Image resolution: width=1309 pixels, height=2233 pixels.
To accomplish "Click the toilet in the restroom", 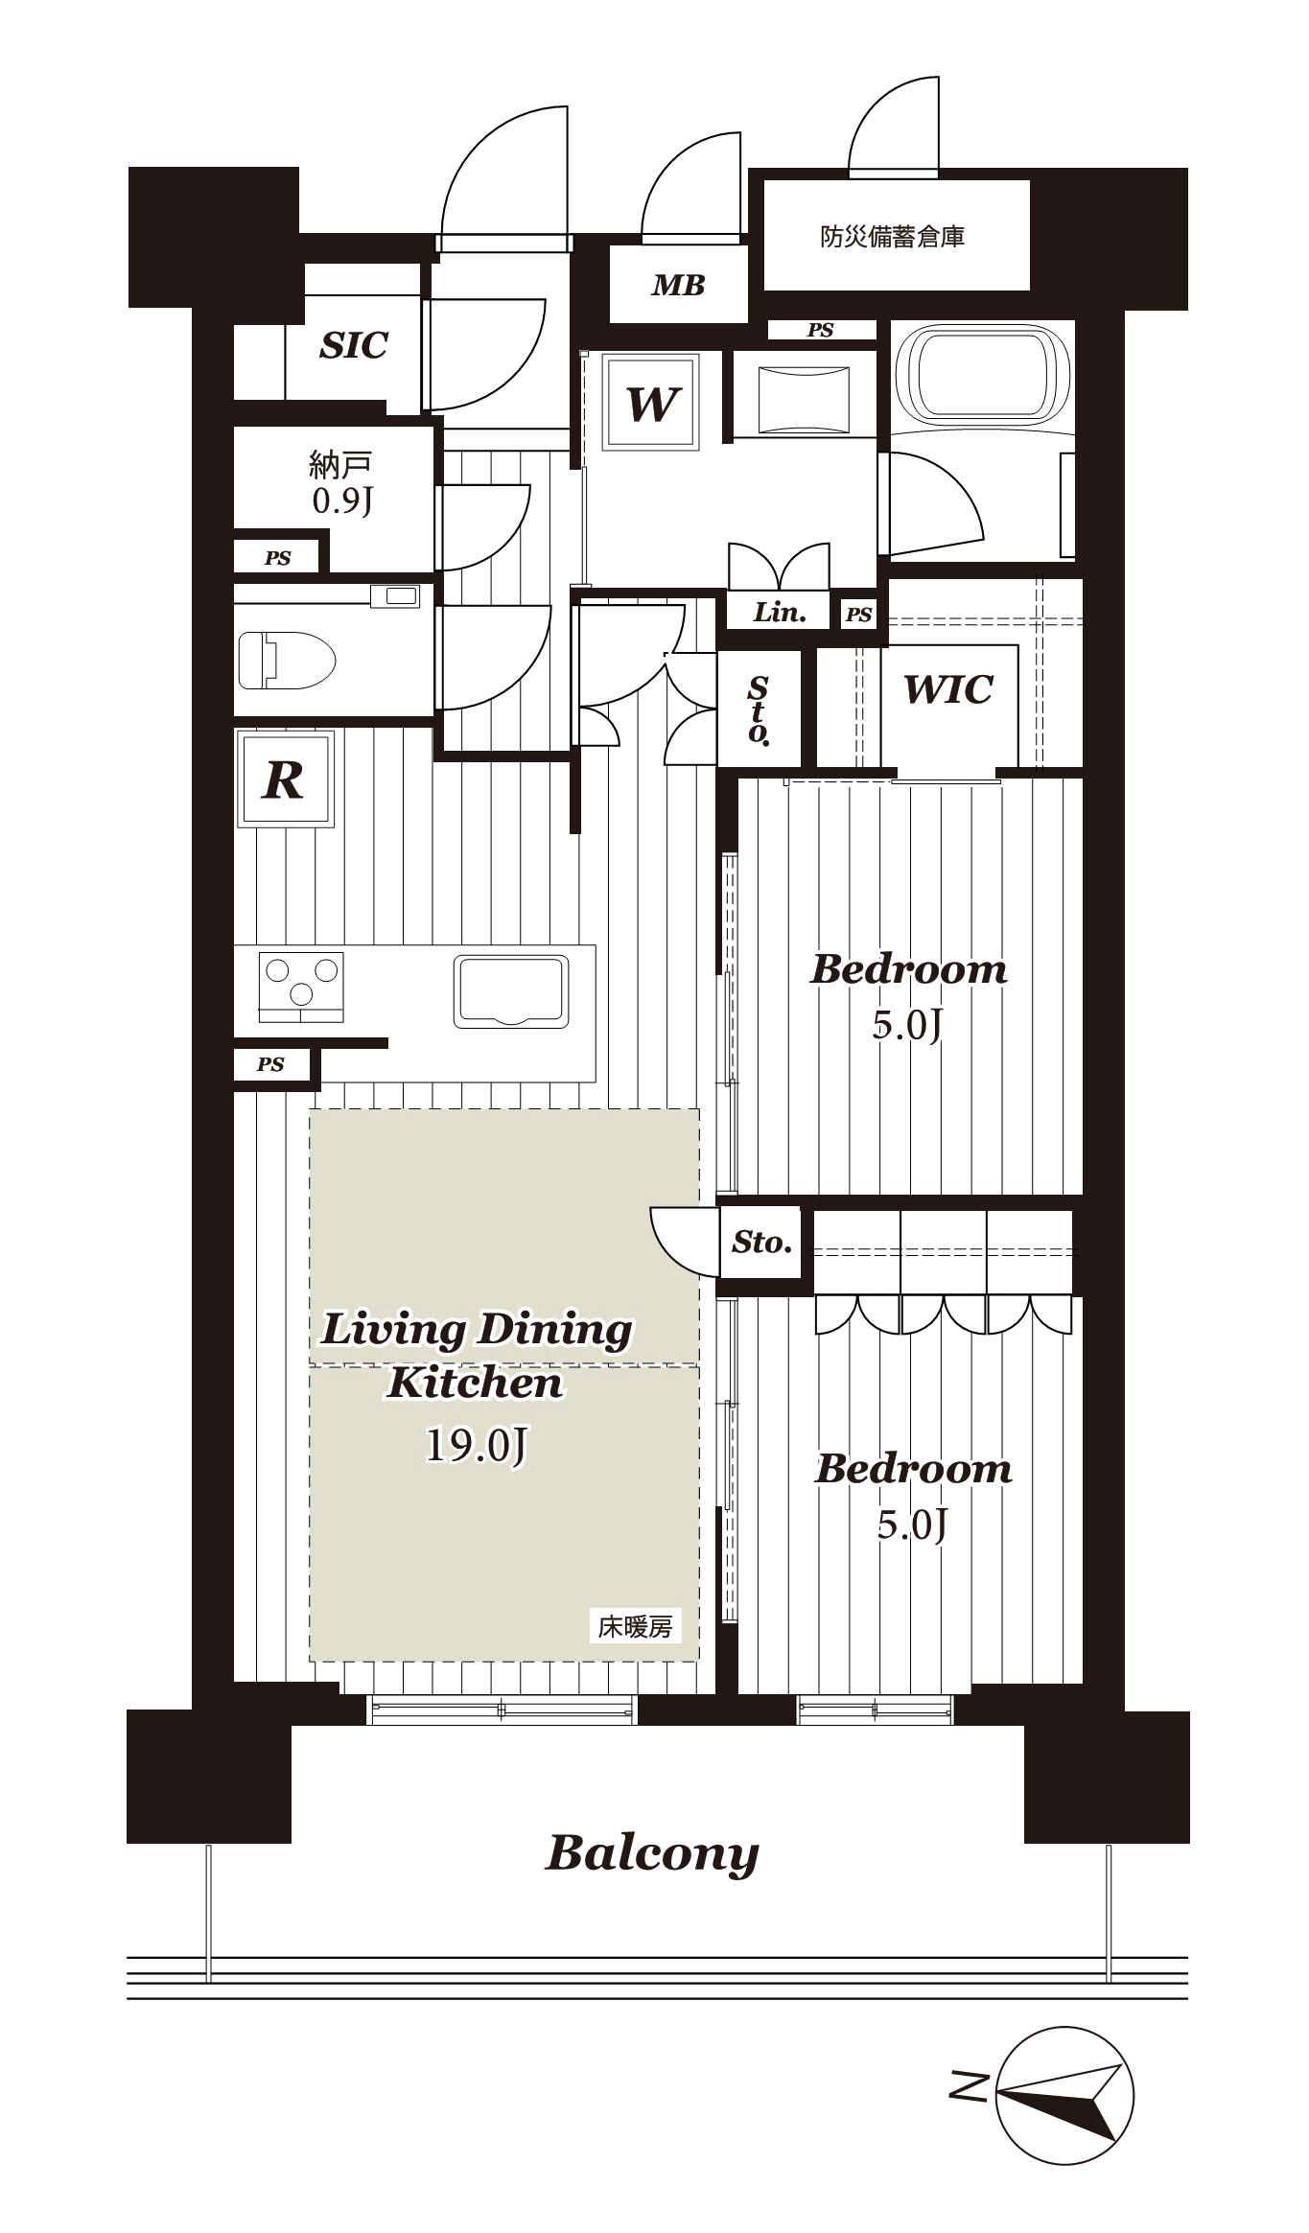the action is tap(286, 660).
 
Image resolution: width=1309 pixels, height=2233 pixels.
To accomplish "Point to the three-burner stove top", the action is tap(301, 987).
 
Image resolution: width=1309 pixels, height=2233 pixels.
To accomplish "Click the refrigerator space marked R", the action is tap(286, 778).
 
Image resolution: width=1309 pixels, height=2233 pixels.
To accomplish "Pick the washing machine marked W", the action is tap(651, 402).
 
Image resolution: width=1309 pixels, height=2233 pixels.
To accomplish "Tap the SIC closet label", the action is tap(354, 345).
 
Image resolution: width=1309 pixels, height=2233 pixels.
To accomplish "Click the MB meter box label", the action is tap(678, 285).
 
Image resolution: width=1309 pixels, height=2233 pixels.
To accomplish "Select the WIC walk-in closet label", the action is tap(947, 688).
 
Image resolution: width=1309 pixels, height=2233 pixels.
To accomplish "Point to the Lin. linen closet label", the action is tap(779, 613).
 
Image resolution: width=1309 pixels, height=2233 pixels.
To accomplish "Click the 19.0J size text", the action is tap(476, 1445).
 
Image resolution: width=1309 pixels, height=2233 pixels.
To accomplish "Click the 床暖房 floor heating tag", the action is tap(635, 1626).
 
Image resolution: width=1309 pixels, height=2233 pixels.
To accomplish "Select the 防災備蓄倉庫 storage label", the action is tap(892, 236).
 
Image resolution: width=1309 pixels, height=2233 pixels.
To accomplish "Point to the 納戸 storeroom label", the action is tap(340, 465).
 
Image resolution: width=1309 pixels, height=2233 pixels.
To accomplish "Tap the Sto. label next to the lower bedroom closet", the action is tap(761, 1243).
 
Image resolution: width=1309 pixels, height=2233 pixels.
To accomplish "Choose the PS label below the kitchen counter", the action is tap(270, 1064).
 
